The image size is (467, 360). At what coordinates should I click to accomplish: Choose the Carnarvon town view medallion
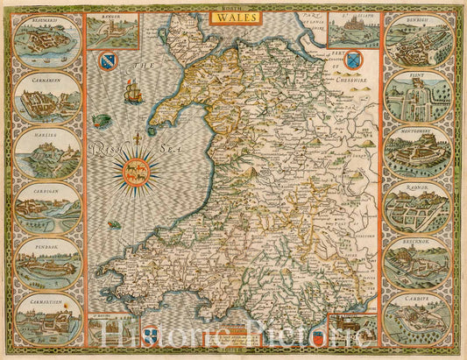tap(48, 99)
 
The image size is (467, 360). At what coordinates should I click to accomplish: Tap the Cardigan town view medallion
tap(48, 207)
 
